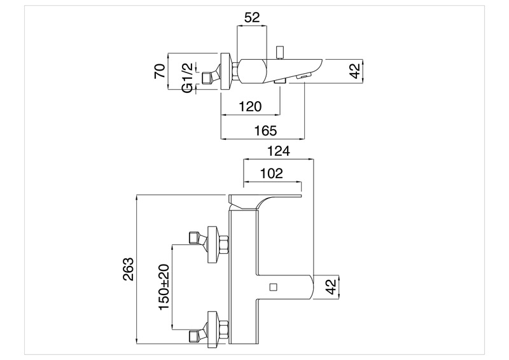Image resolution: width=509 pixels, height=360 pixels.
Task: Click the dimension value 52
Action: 253,18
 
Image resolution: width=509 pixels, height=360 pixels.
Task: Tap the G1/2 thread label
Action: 188,77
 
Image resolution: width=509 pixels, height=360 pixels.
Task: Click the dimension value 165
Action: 265,131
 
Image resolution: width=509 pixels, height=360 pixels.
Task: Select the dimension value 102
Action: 271,174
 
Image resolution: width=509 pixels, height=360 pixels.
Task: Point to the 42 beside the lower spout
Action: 330,287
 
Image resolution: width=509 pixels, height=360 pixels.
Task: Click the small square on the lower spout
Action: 274,286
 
